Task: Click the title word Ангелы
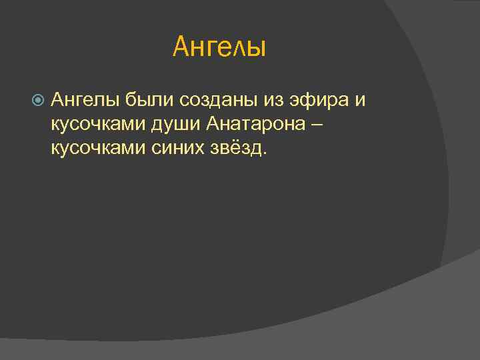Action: coord(219,47)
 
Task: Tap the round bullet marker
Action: coord(38,101)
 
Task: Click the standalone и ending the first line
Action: coord(361,101)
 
